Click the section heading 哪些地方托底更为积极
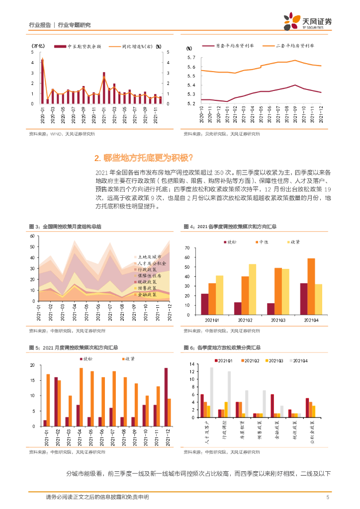pyautogui.click(x=144, y=158)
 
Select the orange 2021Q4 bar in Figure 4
pyautogui.click(x=311, y=286)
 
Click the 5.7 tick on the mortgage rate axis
pyautogui.click(x=191, y=58)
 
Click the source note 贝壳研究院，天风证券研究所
pyautogui.click(x=219, y=134)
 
